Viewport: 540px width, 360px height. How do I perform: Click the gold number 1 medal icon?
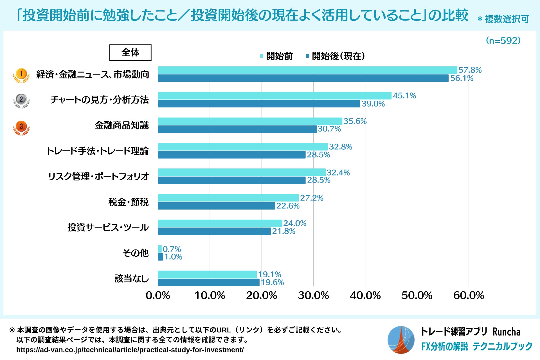click(21, 75)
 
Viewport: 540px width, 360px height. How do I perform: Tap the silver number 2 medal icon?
click(21, 100)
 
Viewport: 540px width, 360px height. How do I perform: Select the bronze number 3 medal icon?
click(21, 127)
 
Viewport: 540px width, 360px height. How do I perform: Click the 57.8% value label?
click(470, 70)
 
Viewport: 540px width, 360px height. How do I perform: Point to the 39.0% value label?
click(373, 104)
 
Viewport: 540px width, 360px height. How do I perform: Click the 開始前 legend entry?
click(276, 56)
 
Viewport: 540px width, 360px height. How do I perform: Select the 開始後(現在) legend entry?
click(335, 56)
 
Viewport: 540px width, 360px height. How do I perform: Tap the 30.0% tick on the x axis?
click(313, 296)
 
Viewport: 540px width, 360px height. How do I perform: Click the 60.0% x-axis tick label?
click(469, 296)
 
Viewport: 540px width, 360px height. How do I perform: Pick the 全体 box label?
click(130, 53)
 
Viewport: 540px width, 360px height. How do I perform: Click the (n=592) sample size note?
click(503, 41)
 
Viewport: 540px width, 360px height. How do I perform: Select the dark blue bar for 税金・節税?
click(216, 206)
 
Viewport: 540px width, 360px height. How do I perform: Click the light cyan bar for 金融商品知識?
click(250, 121)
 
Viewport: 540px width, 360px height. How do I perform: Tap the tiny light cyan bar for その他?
click(160, 249)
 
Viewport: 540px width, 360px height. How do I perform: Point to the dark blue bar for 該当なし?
click(208, 282)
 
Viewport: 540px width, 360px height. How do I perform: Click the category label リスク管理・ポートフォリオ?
click(98, 176)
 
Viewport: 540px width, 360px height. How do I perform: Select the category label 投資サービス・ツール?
click(108, 227)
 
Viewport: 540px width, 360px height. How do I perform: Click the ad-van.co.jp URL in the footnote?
click(130, 350)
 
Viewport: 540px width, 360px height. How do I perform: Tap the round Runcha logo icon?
click(401, 340)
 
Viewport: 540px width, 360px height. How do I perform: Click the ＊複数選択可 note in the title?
click(503, 19)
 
